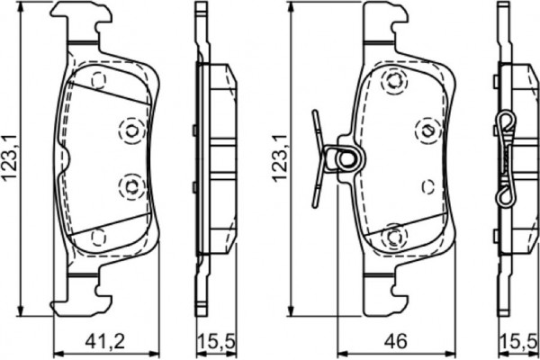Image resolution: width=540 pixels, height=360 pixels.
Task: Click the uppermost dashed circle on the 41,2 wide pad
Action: (98, 81)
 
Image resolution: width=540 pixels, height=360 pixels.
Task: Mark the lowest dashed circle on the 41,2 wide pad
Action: (98, 237)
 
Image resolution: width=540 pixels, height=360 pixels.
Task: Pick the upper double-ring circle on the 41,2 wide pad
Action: (131, 131)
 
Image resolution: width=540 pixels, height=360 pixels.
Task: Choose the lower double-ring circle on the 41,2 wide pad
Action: (131, 186)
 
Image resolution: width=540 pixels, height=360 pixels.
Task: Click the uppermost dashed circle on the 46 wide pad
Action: (392, 82)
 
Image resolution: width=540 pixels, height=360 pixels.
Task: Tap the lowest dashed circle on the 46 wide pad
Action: (392, 237)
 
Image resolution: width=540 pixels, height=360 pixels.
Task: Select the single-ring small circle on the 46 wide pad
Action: (428, 186)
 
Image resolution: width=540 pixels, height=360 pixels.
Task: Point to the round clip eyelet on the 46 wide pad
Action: (346, 160)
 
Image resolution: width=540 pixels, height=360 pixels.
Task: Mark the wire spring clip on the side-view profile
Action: (508, 157)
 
